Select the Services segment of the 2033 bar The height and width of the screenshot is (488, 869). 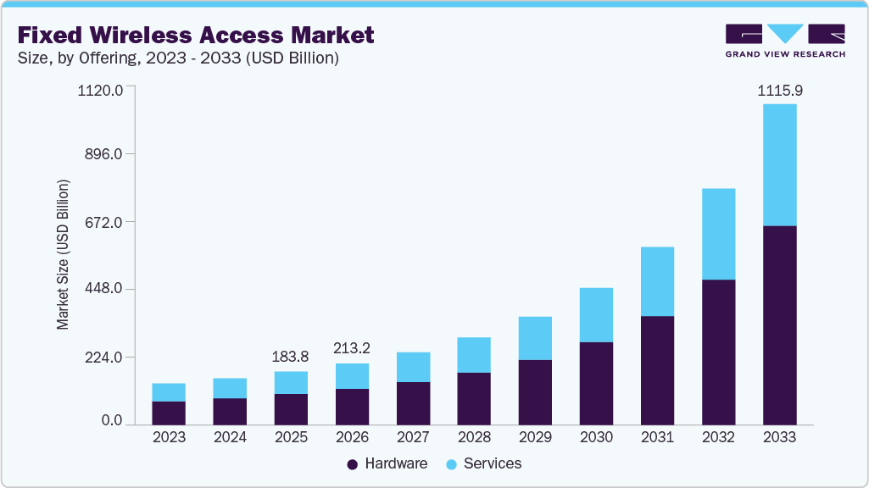pyautogui.click(x=779, y=164)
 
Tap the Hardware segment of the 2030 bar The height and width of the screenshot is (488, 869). pyautogui.click(x=596, y=383)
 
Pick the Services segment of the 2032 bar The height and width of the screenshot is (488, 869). pyautogui.click(x=718, y=234)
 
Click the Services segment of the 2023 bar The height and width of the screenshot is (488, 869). pyautogui.click(x=169, y=392)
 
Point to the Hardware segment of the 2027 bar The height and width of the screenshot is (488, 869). pyautogui.click(x=413, y=402)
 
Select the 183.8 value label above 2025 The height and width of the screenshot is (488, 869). pyautogui.click(x=291, y=357)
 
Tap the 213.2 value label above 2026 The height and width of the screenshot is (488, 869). pyautogui.click(x=352, y=348)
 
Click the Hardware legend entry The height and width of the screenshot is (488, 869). pyautogui.click(x=387, y=463)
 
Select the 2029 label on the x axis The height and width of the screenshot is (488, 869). pyautogui.click(x=535, y=438)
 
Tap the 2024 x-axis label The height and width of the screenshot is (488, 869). pyautogui.click(x=230, y=438)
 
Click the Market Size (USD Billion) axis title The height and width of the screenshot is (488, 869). pyautogui.click(x=63, y=255)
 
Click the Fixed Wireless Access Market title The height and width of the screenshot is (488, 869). pyautogui.click(x=196, y=36)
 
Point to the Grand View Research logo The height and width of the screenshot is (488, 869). pyautogui.click(x=785, y=40)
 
